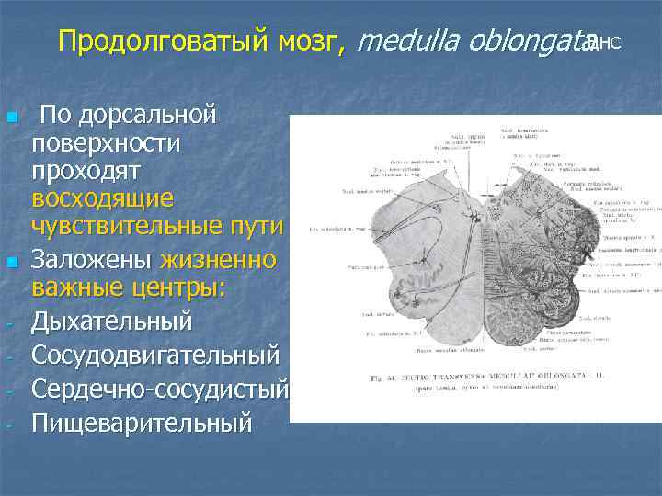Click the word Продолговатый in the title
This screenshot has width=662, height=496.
pyautogui.click(x=162, y=42)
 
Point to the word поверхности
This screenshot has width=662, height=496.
pyautogui.click(x=106, y=143)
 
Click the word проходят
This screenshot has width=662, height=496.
pyautogui.click(x=85, y=171)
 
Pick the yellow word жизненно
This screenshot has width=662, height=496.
pyautogui.click(x=217, y=260)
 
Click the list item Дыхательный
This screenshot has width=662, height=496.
pyautogui.click(x=111, y=322)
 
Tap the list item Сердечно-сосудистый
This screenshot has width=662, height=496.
pyautogui.click(x=159, y=389)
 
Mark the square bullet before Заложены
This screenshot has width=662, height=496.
pyautogui.click(x=11, y=263)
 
